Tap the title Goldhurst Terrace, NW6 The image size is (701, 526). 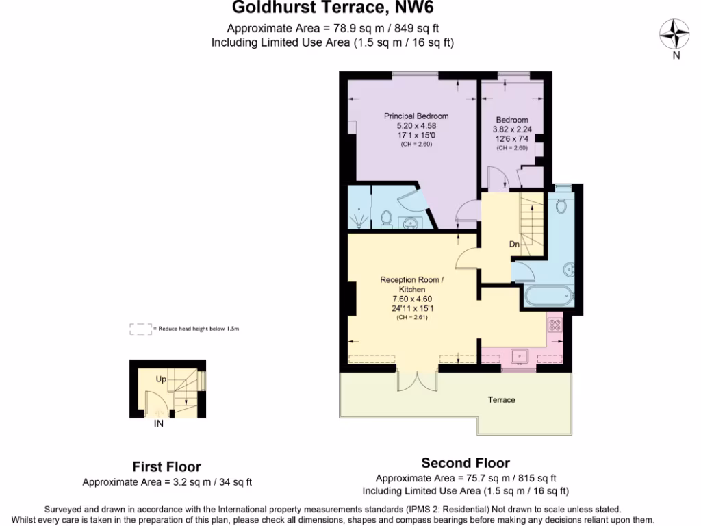coord(333,8)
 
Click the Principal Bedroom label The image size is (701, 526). coord(416,116)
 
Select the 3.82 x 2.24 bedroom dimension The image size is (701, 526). coord(512,129)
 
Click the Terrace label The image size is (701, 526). coord(501,400)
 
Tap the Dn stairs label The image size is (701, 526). coord(515,245)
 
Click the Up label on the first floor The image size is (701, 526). coord(161,379)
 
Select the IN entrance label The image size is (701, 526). coord(159,424)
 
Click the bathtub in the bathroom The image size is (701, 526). coord(547,297)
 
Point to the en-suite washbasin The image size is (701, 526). coord(411,223)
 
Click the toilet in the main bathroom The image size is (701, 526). coord(561,205)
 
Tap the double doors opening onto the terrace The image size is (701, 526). coord(417,381)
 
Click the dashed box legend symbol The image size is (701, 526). coord(140,329)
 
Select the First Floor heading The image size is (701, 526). coord(166,467)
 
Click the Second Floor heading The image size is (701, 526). coord(466,463)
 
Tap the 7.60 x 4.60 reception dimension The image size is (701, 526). coord(412,299)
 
